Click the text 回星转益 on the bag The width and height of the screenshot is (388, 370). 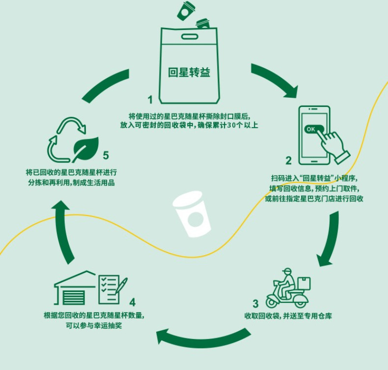[189, 73]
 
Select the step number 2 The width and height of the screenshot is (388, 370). [289, 160]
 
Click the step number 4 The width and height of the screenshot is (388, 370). [133, 301]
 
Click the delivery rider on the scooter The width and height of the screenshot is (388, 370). [287, 285]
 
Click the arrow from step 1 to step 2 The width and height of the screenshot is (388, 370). [275, 79]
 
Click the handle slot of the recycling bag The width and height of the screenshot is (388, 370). [189, 37]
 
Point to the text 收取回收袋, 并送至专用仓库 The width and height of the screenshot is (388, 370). [288, 316]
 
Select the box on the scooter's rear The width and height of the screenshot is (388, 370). [304, 284]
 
